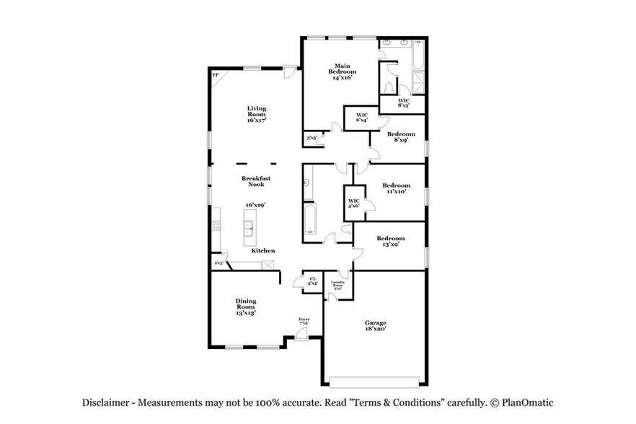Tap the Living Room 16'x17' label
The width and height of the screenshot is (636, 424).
257,115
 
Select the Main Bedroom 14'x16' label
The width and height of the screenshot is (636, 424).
343,72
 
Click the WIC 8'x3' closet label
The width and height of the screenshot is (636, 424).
404,102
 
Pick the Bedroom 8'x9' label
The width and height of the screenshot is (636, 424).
401,137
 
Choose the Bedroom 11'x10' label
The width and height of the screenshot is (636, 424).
396,188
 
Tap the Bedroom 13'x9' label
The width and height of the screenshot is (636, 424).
391,241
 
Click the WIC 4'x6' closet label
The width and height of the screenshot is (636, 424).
353,204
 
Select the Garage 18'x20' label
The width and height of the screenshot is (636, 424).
375,325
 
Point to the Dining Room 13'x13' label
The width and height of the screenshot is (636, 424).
246,306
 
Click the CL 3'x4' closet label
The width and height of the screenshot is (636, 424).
313,281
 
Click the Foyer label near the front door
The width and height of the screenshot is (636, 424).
304,321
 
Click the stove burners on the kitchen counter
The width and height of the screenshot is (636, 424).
216,225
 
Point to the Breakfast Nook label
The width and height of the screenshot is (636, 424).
255,181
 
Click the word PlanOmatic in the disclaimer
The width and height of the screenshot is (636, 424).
525,403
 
